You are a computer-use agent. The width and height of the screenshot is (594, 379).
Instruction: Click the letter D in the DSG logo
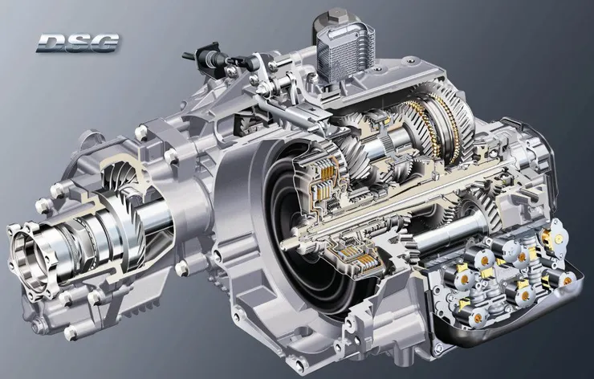coord(52,43)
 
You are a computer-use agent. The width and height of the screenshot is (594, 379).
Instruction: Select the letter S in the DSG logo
coord(79,43)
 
